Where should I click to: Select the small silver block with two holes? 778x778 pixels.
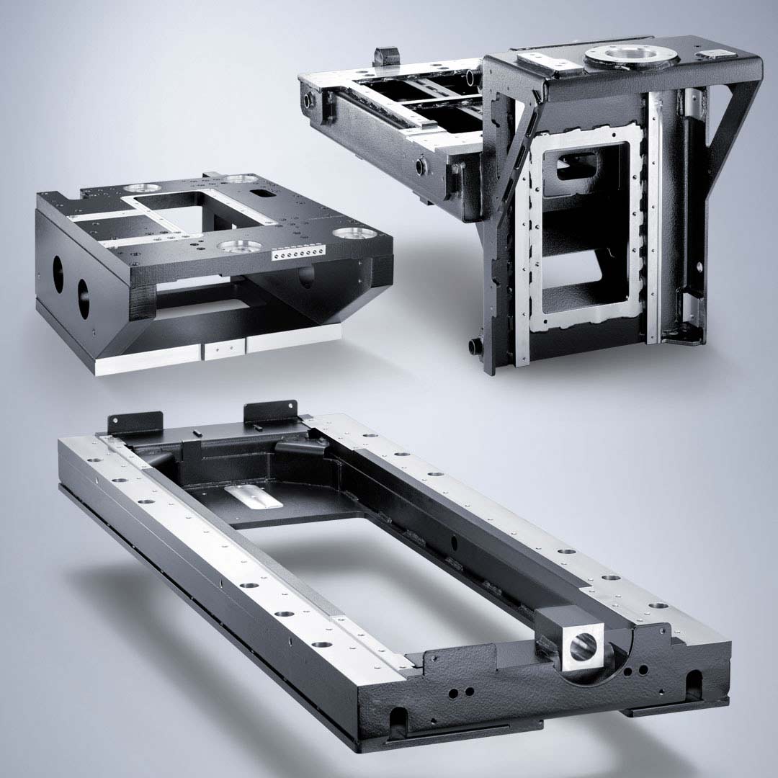point(224,350)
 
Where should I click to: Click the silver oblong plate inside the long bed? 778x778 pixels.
point(254,496)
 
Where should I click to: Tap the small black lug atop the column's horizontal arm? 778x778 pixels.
point(386,55)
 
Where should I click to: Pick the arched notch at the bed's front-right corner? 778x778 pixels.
point(694,679)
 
